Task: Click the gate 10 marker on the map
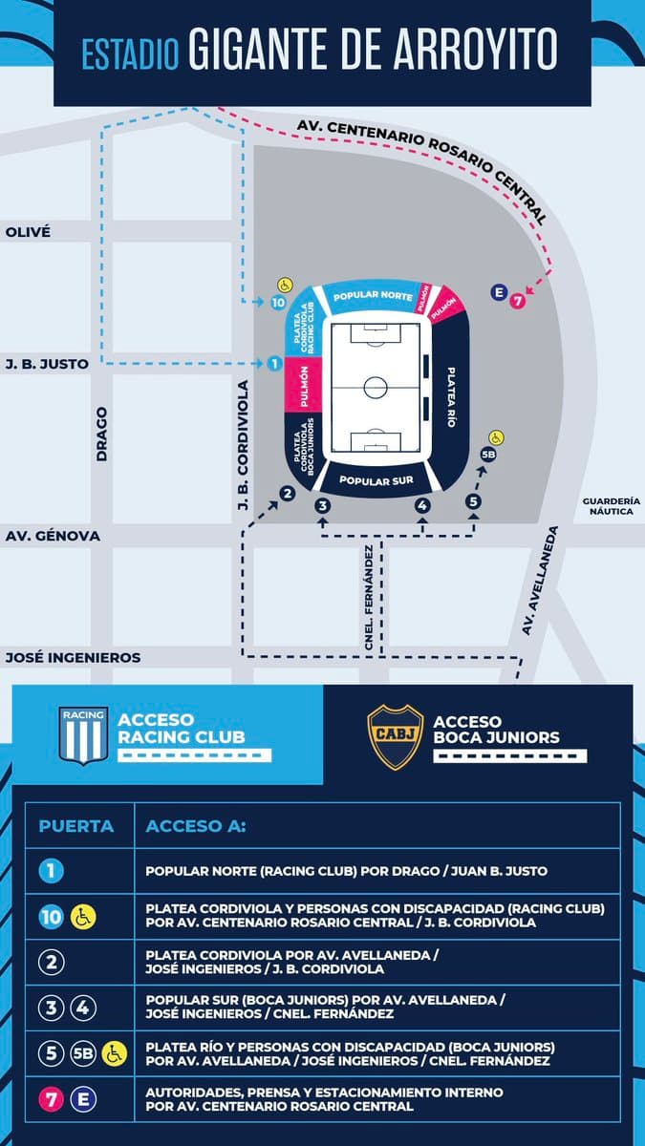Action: point(278,303)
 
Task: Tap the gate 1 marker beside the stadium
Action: point(274,364)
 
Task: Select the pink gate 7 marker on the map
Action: point(518,301)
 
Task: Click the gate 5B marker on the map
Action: point(488,455)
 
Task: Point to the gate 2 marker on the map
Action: point(288,494)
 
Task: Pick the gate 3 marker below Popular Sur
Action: point(323,506)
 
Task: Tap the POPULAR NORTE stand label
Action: point(374,296)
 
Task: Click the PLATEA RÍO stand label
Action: point(451,397)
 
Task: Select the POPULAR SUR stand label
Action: point(376,481)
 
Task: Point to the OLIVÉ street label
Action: point(28,232)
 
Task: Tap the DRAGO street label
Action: point(102,435)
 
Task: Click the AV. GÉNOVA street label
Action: point(53,536)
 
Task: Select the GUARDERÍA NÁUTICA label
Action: point(612,506)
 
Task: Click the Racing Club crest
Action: point(83,735)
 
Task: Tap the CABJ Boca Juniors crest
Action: point(396,736)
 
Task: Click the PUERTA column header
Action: point(76,826)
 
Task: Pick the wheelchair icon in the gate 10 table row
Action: point(83,918)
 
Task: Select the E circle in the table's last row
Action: point(83,1099)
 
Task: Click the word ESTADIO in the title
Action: point(131,54)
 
